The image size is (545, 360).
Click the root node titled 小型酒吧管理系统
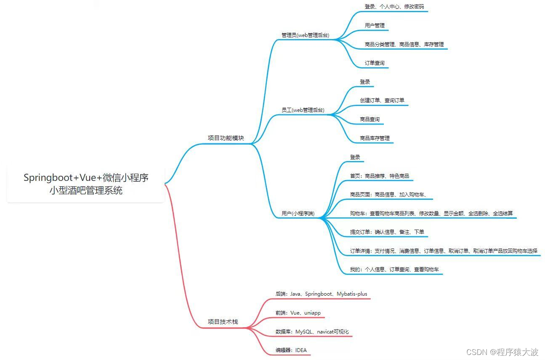86,184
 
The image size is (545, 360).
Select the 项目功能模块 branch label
226,138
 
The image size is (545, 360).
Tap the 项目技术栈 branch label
223,322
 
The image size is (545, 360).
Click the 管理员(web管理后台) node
305,35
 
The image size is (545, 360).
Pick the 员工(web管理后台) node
303,110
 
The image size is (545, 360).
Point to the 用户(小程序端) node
298,213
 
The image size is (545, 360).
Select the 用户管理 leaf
375,25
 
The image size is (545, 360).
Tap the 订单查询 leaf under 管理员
375,63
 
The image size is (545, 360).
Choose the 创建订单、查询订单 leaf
382,100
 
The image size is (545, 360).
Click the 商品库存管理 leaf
375,138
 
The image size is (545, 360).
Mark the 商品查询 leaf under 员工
370,119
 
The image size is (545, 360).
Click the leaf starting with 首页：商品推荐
379,176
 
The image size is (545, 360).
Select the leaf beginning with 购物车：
431,213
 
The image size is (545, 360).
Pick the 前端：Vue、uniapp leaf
298,313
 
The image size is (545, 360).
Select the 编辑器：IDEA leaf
291,350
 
